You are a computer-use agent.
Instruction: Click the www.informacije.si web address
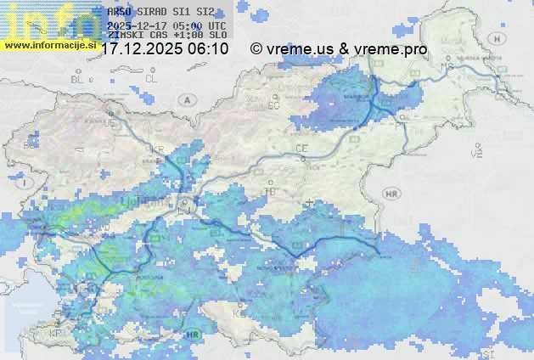[49, 45]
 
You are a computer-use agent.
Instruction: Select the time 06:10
[208, 49]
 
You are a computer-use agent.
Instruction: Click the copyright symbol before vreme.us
[256, 49]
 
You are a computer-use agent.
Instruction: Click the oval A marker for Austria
[186, 99]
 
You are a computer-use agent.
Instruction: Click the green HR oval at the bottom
[194, 336]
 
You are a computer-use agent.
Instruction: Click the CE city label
[301, 149]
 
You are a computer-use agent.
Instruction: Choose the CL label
[151, 78]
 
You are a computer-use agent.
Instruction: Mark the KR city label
[158, 150]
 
